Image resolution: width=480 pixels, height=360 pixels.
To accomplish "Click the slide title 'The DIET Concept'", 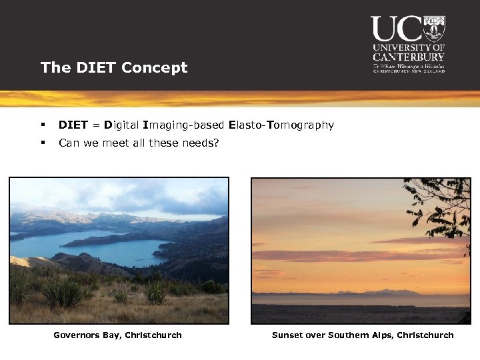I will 114,67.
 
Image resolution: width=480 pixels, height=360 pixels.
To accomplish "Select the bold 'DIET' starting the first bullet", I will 73,125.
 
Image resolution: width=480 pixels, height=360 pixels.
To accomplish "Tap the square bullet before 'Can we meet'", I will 43,143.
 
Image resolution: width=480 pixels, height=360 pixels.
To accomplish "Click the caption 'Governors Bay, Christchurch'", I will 117,335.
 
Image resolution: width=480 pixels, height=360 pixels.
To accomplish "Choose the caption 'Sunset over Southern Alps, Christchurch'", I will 363,335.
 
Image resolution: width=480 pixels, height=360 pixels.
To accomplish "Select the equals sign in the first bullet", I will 96,125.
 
